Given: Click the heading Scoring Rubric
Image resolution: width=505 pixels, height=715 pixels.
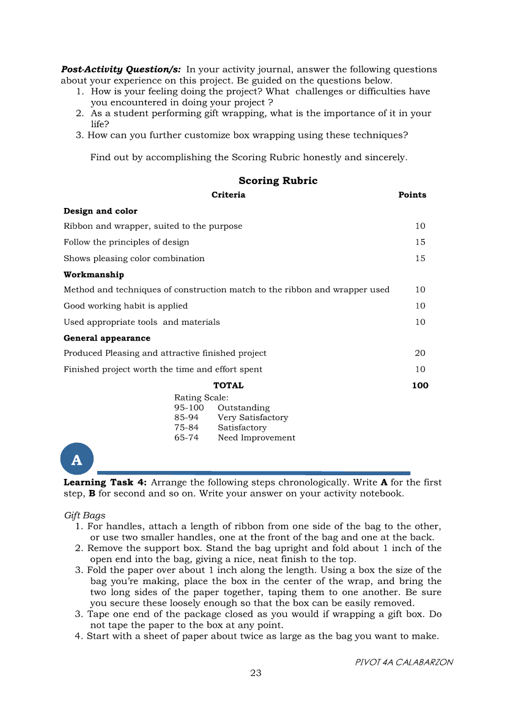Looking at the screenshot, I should click(x=278, y=181).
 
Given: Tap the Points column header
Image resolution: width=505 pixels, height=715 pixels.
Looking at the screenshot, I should click(x=412, y=195).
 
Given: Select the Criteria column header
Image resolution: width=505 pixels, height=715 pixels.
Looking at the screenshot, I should click(x=228, y=195).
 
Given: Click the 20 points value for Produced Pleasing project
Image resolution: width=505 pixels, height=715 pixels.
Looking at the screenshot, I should click(x=420, y=354).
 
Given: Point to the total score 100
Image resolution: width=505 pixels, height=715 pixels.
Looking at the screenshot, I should click(x=420, y=386).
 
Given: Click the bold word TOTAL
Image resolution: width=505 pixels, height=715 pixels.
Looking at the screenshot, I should click(x=228, y=386).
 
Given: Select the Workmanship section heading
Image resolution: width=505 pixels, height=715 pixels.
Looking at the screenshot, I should click(x=94, y=275).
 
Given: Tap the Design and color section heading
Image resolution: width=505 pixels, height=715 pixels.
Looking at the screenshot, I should click(x=100, y=212).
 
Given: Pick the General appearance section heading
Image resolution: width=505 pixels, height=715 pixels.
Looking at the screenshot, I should click(x=107, y=338).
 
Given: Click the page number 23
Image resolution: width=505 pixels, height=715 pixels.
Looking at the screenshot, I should click(x=256, y=673).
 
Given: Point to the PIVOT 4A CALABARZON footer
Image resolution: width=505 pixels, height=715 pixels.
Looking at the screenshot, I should click(x=404, y=662).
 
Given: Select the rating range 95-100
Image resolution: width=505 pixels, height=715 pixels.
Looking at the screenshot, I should click(x=189, y=408).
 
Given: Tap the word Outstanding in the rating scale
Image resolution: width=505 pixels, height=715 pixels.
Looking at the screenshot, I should click(x=243, y=408).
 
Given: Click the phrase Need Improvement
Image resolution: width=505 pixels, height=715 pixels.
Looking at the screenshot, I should click(x=256, y=438).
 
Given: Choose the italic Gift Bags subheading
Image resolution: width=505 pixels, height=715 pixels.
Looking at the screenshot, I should click(x=84, y=516).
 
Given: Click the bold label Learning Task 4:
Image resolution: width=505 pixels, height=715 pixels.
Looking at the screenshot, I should click(x=105, y=483).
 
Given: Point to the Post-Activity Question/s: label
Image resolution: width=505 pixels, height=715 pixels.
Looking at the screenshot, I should click(x=120, y=70).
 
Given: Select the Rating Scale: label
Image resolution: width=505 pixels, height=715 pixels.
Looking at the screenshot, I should click(x=201, y=398).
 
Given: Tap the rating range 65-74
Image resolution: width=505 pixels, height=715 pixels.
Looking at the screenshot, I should click(x=186, y=438).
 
